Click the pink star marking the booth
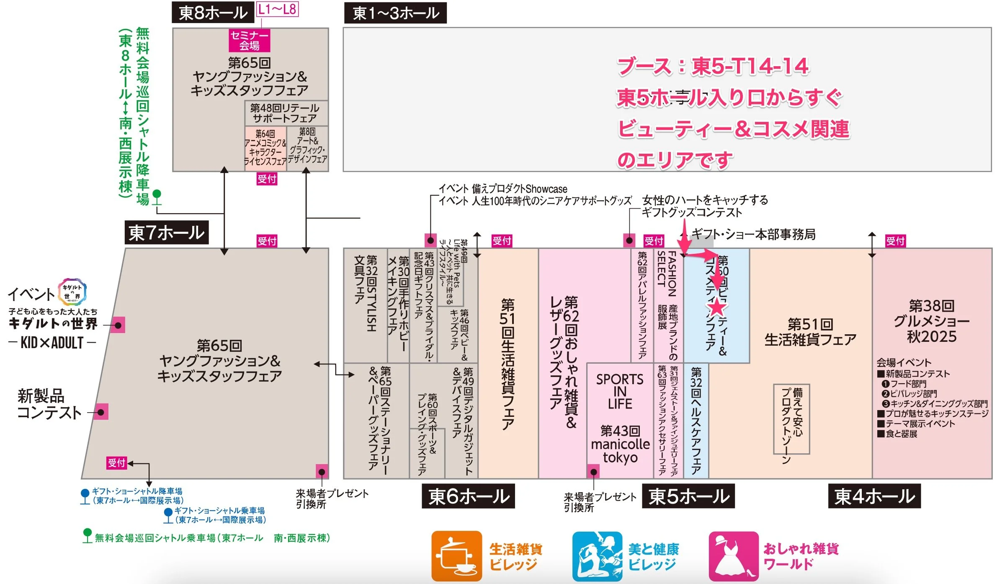pyautogui.click(x=717, y=308)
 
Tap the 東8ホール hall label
pyautogui.click(x=213, y=13)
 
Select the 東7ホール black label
pyautogui.click(x=166, y=233)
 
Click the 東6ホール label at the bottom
pyautogui.click(x=468, y=496)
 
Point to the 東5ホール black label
pyautogui.click(x=688, y=496)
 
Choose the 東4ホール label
pyautogui.click(x=874, y=496)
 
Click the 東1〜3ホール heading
pyautogui.click(x=395, y=13)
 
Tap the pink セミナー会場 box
pyautogui.click(x=249, y=40)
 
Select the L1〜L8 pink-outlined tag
pyautogui.click(x=277, y=9)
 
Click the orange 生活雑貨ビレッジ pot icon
pyautogui.click(x=457, y=556)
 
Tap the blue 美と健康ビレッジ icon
pyautogui.click(x=598, y=556)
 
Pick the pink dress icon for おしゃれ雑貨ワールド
pyautogui.click(x=734, y=556)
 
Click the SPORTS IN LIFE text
pyautogui.click(x=620, y=391)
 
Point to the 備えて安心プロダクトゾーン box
pyautogui.click(x=791, y=419)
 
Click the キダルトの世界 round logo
pyautogui.click(x=72, y=292)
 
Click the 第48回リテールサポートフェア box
pyautogui.click(x=285, y=113)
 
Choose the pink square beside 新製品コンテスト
pyautogui.click(x=101, y=412)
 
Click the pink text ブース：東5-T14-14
pyautogui.click(x=713, y=67)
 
